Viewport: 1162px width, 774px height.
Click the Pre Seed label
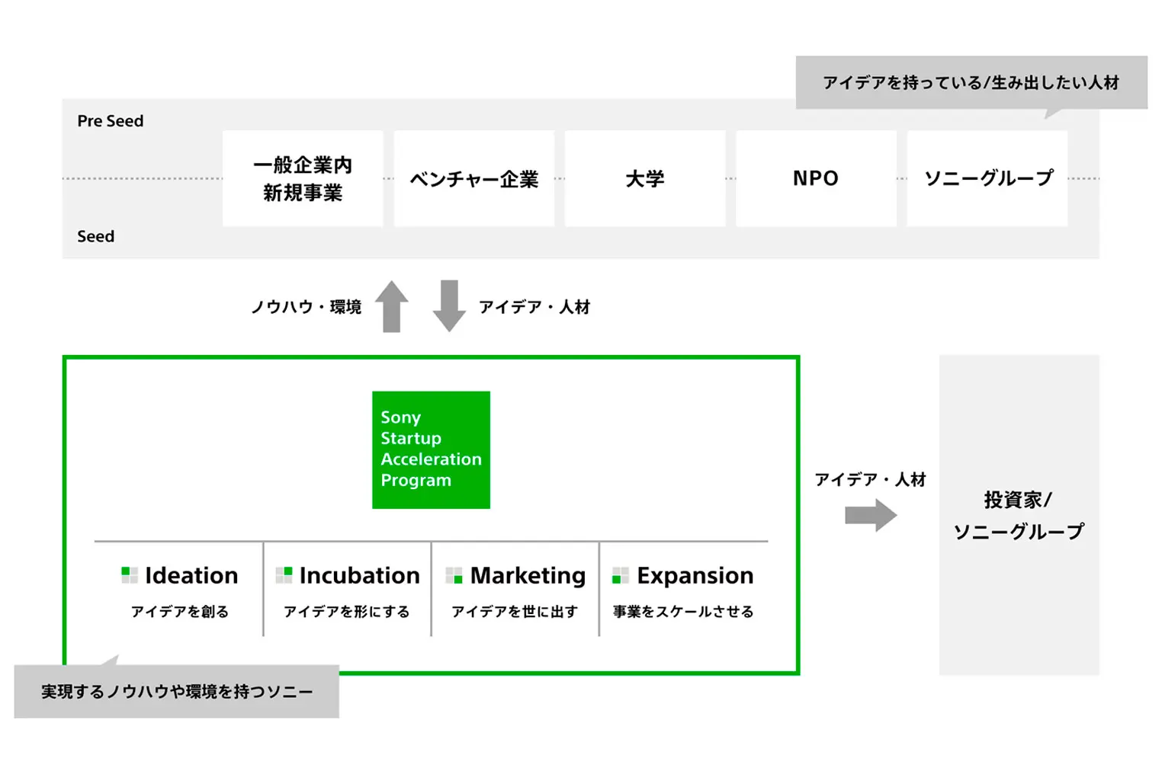pyautogui.click(x=110, y=121)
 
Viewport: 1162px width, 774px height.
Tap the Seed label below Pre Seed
pyautogui.click(x=95, y=236)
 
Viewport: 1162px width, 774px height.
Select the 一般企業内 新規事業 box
pyautogui.click(x=303, y=178)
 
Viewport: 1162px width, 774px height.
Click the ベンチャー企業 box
pyautogui.click(x=474, y=178)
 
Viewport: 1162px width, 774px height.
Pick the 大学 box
pyautogui.click(x=645, y=178)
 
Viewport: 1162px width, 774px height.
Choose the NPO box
pyautogui.click(x=816, y=178)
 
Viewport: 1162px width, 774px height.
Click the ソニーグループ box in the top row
pyautogui.click(x=987, y=178)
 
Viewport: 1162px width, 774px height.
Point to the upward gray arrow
pyautogui.click(x=392, y=306)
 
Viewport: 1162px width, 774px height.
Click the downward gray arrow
pyautogui.click(x=449, y=306)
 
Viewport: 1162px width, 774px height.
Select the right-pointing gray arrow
pyautogui.click(x=871, y=515)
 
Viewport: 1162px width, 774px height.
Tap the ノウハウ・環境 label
pyautogui.click(x=306, y=307)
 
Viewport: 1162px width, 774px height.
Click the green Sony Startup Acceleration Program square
pyautogui.click(x=431, y=450)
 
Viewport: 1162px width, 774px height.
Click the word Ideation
pyautogui.click(x=191, y=575)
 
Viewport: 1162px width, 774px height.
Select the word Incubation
pyautogui.click(x=359, y=575)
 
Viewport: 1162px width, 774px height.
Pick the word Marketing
pyautogui.click(x=528, y=576)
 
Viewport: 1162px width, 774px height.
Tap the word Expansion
pyautogui.click(x=695, y=576)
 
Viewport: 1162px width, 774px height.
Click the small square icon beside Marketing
pyautogui.click(x=454, y=575)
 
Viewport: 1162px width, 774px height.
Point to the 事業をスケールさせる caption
pyautogui.click(x=682, y=612)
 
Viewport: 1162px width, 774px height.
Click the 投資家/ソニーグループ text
pyautogui.click(x=1019, y=515)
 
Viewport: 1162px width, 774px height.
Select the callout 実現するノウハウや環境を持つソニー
pyautogui.click(x=177, y=692)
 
